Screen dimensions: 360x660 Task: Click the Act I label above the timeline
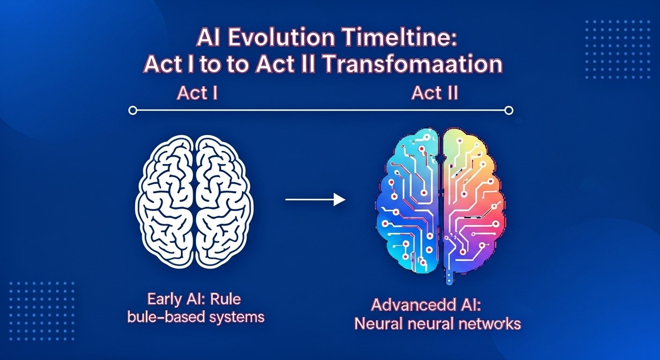[x=197, y=93]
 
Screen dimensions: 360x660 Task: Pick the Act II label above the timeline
[x=434, y=93]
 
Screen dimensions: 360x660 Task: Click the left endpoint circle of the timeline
[x=133, y=111]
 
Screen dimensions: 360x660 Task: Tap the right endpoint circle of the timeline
[x=510, y=111]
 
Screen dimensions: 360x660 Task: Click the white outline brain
[x=194, y=202]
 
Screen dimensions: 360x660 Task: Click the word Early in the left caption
[x=164, y=299]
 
